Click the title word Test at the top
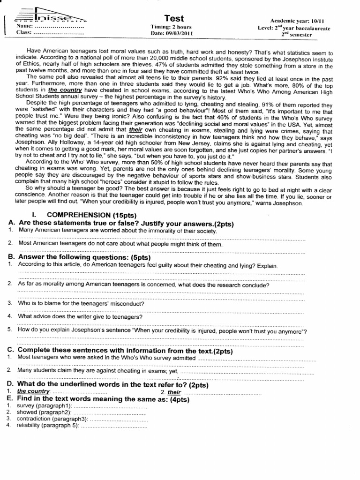tap(174, 18)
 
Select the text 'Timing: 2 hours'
tap(171, 27)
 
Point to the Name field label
tap(24, 26)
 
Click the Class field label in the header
tap(24, 32)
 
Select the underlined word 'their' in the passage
tap(135, 128)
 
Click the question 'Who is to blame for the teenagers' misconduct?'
tap(81, 303)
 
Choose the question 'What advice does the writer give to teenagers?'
tap(80, 316)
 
